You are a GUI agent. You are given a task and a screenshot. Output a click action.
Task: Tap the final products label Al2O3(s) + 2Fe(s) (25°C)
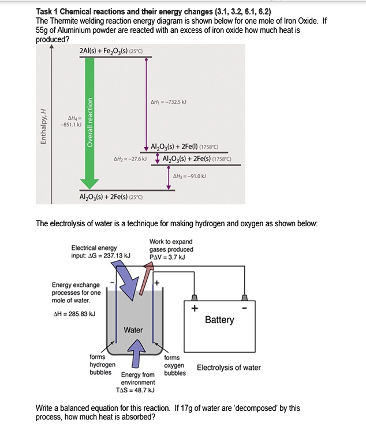tap(110, 197)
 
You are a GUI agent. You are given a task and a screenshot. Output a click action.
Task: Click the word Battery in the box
tap(219, 320)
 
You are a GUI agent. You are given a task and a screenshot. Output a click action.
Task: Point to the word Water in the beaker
tap(133, 330)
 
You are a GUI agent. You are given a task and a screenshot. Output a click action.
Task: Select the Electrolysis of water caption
tap(229, 368)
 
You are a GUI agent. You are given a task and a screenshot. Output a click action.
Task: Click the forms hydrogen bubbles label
tap(102, 365)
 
